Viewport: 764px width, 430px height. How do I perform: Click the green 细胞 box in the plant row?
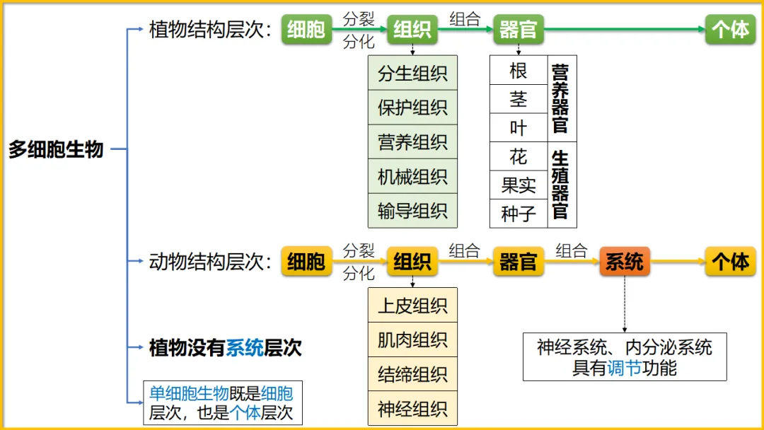click(306, 29)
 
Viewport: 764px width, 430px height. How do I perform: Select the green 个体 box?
click(730, 29)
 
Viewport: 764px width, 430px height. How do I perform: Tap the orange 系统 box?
click(624, 262)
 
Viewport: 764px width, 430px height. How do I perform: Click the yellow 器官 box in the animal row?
click(518, 262)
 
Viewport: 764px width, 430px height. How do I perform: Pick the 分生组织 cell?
click(412, 73)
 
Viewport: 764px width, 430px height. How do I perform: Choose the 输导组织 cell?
click(412, 211)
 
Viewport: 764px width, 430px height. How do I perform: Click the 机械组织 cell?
click(412, 176)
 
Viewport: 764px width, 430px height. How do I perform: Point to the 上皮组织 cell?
click(412, 306)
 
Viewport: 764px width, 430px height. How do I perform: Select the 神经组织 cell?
click(412, 409)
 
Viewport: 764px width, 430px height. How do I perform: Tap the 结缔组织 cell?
click(412, 374)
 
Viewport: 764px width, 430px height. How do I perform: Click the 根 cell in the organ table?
click(519, 71)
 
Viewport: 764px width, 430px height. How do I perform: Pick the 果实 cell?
click(519, 185)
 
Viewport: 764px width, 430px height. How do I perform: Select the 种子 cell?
click(519, 214)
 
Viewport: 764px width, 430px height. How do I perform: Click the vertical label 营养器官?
click(560, 99)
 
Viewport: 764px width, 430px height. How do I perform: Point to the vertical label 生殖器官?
click(560, 185)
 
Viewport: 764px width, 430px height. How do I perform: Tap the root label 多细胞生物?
click(56, 149)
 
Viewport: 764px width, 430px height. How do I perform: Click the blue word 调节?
click(624, 368)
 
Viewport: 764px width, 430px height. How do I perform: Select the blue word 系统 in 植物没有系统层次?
click(245, 347)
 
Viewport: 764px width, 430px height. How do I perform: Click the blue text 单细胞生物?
click(189, 393)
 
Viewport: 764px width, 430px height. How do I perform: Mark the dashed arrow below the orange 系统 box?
click(624, 304)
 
